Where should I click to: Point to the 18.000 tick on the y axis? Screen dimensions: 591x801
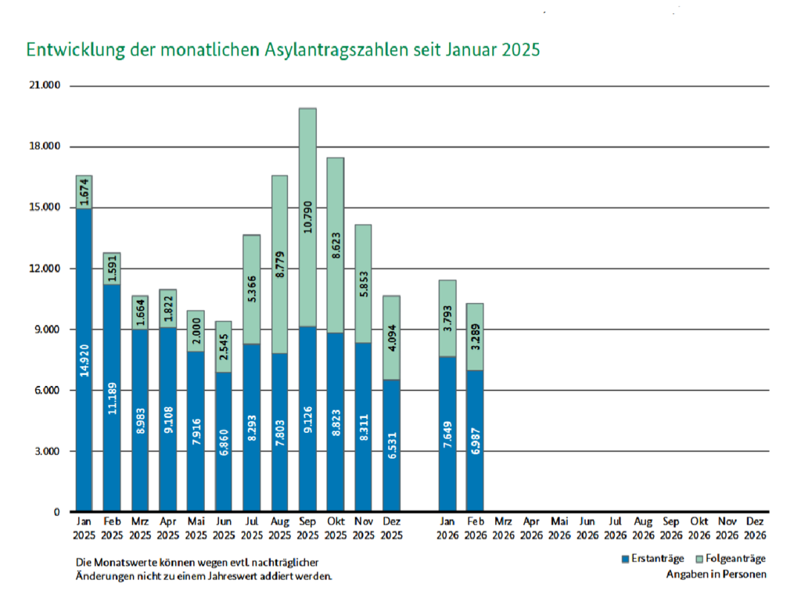point(44,146)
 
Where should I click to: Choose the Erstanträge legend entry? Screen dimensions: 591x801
point(652,558)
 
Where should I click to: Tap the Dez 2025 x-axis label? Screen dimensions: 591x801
point(391,527)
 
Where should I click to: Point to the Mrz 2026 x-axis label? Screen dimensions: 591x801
point(503,527)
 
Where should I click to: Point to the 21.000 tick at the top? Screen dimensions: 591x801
point(44,85)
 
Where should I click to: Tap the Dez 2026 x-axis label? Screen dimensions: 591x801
point(755,527)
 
